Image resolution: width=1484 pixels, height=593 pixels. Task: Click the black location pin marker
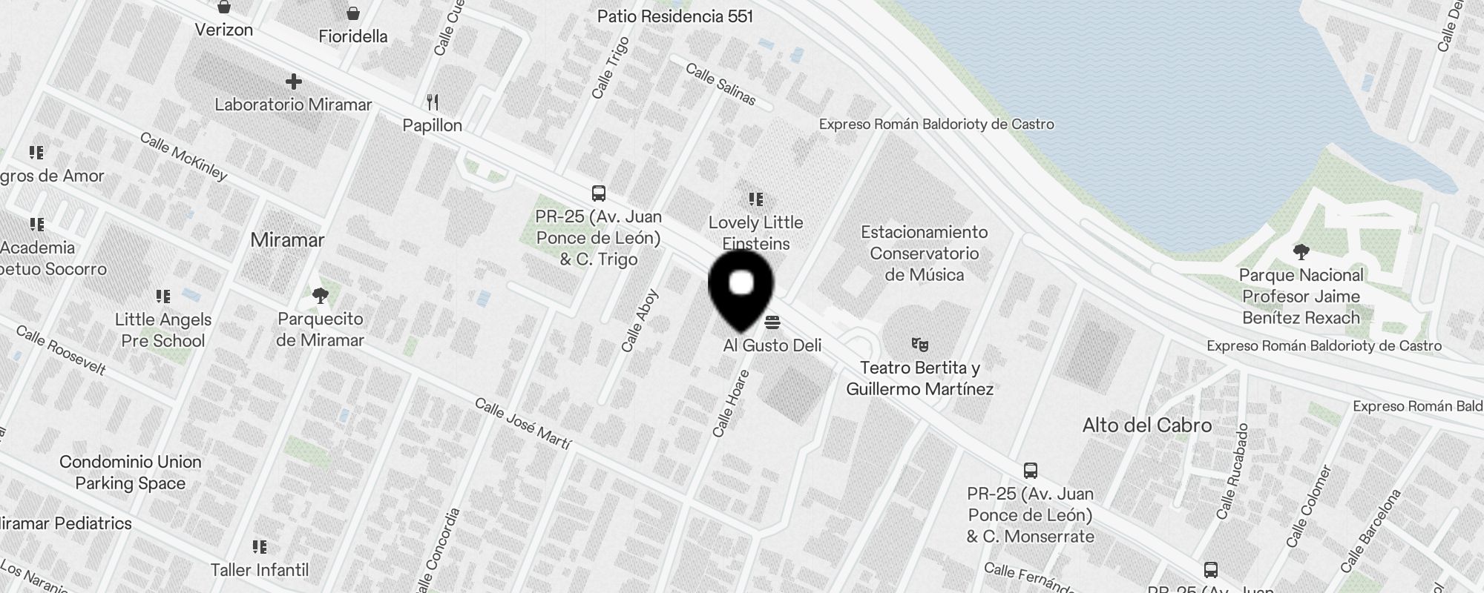click(741, 288)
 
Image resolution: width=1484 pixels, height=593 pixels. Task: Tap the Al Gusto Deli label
click(772, 345)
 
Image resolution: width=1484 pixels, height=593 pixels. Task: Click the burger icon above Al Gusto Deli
click(772, 322)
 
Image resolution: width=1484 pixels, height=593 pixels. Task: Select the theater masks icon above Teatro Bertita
click(920, 344)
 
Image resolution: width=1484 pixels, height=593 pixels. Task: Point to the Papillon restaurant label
click(432, 125)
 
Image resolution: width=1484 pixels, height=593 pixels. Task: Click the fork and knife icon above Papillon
click(433, 102)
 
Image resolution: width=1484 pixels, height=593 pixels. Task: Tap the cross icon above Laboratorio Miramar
click(294, 81)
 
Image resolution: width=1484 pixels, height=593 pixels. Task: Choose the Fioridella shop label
click(353, 36)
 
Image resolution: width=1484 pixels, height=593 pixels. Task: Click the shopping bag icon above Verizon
click(224, 7)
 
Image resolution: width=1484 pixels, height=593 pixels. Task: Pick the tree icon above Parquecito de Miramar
click(321, 296)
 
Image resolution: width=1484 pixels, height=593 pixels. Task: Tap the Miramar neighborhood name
click(287, 239)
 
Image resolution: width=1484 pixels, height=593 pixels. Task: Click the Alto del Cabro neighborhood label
click(1146, 425)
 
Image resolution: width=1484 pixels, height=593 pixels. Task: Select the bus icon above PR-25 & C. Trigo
click(599, 193)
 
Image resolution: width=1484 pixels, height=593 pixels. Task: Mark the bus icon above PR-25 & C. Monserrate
click(1031, 471)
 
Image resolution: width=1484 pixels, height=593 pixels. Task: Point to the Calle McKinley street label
click(183, 156)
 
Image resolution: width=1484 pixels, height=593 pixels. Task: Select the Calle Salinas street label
click(720, 84)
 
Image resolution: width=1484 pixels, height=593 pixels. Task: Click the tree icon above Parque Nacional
click(1301, 252)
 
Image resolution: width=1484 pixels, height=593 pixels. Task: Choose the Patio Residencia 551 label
click(674, 16)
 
